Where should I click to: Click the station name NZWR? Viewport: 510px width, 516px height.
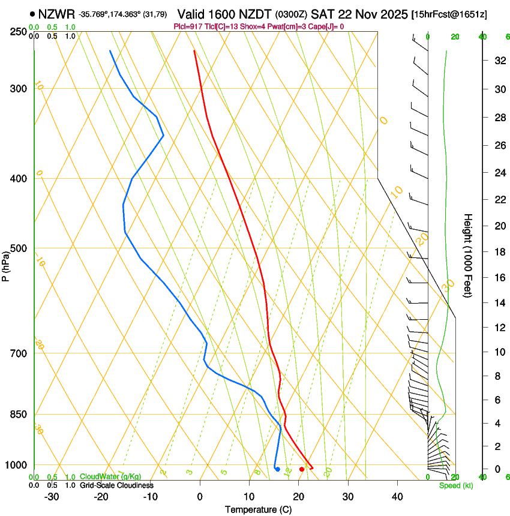(x=56, y=14)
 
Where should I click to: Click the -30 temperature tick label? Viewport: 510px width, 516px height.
(x=52, y=496)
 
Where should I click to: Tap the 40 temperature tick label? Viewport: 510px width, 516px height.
(x=397, y=496)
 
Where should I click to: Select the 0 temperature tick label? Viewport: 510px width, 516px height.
(x=200, y=496)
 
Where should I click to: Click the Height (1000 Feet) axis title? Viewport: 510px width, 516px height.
(x=469, y=255)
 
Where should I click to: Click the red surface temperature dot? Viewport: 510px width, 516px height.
(x=301, y=469)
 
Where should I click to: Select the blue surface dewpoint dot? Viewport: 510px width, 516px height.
(x=277, y=469)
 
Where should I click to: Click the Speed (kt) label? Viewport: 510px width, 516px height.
(x=455, y=485)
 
